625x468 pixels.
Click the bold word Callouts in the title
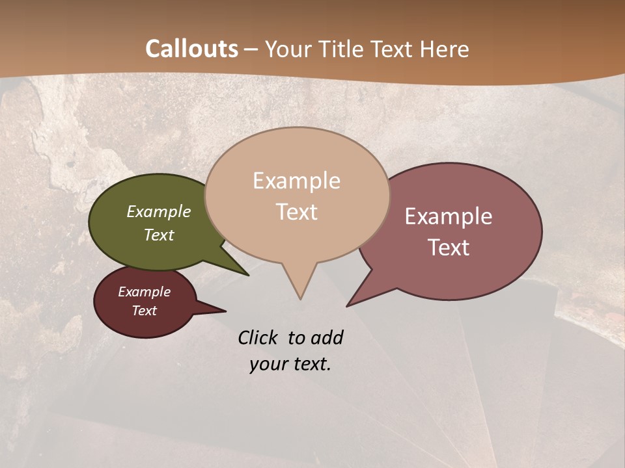tap(191, 49)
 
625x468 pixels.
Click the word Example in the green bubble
tap(159, 211)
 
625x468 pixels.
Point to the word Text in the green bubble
tap(159, 235)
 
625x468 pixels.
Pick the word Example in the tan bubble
tap(296, 181)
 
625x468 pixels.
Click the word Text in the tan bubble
tap(297, 212)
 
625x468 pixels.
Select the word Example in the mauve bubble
tap(449, 216)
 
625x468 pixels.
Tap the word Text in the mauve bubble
tap(449, 248)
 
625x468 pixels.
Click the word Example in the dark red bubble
tap(145, 292)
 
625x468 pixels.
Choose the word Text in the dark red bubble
tap(145, 311)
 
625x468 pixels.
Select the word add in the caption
tap(327, 337)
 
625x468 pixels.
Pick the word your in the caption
tap(267, 364)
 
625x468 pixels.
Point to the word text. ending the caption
tap(310, 364)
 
